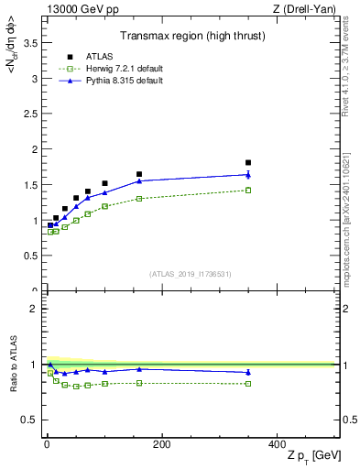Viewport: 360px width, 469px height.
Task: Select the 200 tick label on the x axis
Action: click(161, 445)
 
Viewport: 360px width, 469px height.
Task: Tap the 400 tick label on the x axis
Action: click(276, 445)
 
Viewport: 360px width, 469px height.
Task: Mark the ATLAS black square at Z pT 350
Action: click(248, 163)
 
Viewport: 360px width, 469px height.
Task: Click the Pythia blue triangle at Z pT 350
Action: click(248, 174)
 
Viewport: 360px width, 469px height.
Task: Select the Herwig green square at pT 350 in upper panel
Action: click(248, 190)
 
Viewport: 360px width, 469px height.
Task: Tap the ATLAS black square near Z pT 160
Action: click(139, 174)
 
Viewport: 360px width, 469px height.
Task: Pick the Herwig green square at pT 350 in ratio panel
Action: click(248, 383)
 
